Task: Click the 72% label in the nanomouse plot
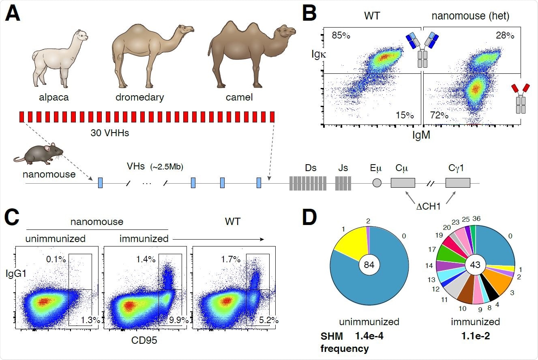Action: click(439, 116)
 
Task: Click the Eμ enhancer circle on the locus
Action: click(377, 183)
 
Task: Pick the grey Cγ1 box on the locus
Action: click(458, 183)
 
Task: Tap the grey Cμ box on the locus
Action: click(403, 183)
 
